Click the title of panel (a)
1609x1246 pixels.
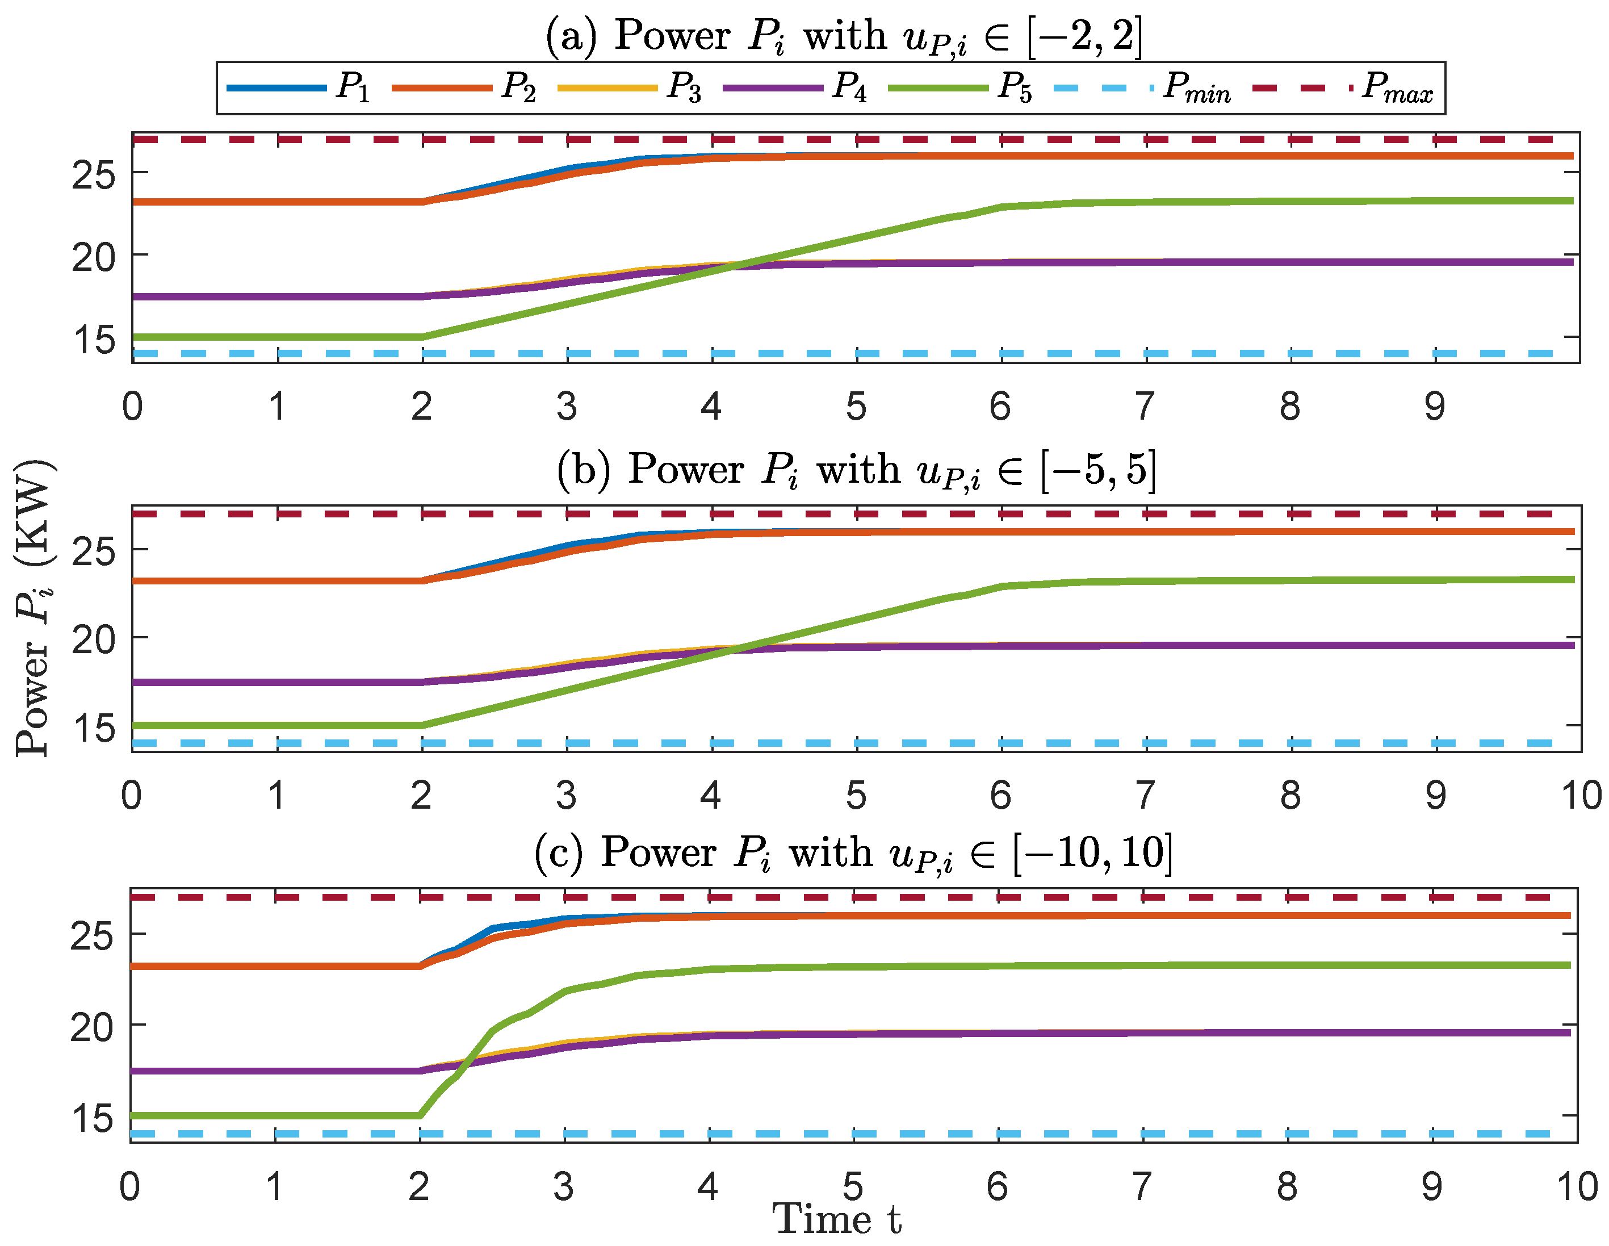(844, 35)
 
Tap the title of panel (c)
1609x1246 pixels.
(853, 852)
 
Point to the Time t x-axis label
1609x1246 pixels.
(837, 1219)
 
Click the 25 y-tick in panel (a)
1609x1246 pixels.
(94, 174)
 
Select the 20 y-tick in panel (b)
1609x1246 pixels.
(94, 639)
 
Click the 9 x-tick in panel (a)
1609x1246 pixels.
(1434, 406)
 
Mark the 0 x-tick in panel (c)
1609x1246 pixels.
(129, 1186)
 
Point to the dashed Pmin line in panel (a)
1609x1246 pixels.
(737, 354)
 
